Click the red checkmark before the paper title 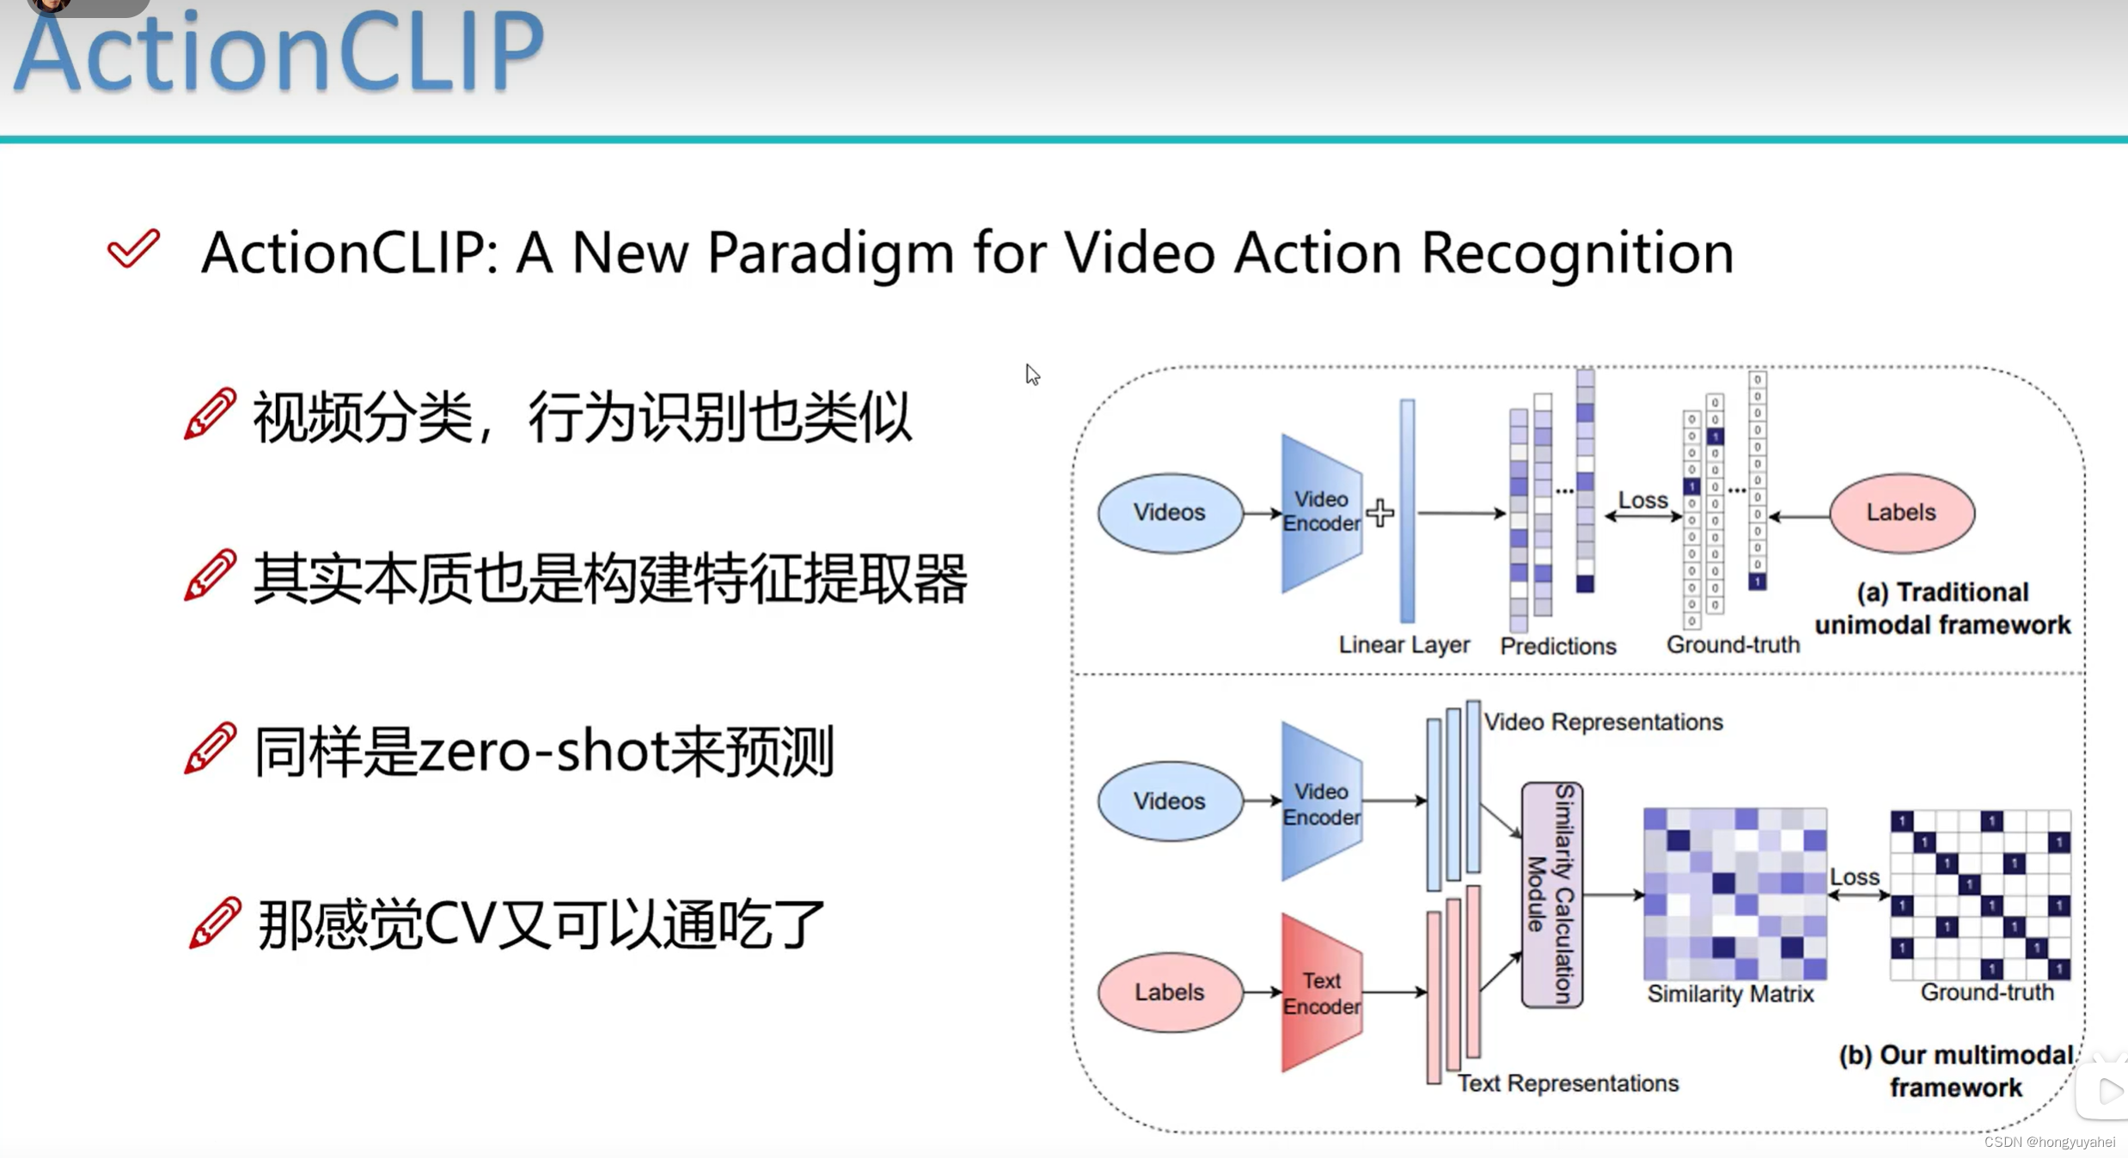point(133,249)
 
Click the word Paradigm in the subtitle point(830,254)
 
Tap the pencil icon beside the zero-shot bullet point(210,748)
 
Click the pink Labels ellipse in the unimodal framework point(1901,513)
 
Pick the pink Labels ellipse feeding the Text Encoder point(1169,992)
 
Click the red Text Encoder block point(1321,993)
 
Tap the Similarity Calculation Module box point(1551,895)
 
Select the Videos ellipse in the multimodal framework point(1169,801)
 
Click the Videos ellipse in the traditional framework point(1169,513)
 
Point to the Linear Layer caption point(1403,645)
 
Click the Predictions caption point(1557,646)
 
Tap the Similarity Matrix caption point(1729,994)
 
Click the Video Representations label point(1603,722)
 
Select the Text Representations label point(1568,1083)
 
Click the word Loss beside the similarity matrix point(1854,876)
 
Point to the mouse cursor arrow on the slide point(1032,375)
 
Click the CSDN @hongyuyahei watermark point(2049,1142)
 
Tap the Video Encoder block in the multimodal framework point(1321,802)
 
